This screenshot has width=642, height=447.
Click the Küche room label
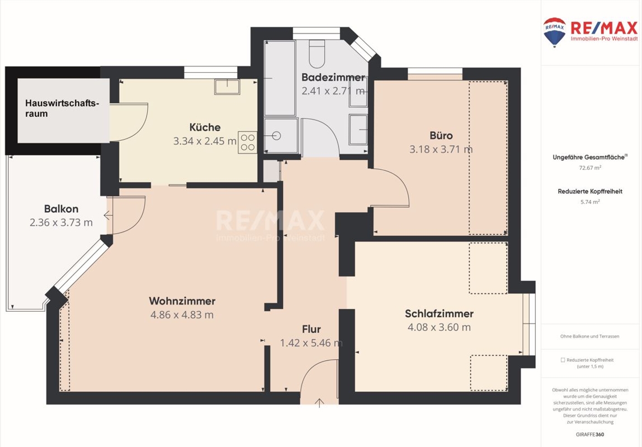[205, 127]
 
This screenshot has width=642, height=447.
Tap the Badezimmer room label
[333, 77]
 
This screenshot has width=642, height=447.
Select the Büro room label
[441, 135]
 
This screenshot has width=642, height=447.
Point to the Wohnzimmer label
[182, 301]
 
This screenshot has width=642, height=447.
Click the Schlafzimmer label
[439, 313]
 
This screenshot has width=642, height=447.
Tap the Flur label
[311, 329]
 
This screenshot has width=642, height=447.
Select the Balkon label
[61, 209]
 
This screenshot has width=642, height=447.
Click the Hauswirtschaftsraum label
[62, 108]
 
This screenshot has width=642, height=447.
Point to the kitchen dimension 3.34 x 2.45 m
[205, 141]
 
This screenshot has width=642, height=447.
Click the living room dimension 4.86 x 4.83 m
[182, 315]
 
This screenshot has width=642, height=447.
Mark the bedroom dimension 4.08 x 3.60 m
[439, 327]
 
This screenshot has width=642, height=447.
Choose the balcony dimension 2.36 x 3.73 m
[61, 222]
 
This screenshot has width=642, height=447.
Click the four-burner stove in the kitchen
[247, 142]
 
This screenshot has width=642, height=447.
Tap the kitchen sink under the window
[227, 87]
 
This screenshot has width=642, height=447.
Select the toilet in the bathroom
[317, 54]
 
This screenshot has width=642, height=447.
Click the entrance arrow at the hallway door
[319, 403]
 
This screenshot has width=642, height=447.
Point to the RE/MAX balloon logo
[554, 32]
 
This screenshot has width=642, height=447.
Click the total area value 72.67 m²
[590, 168]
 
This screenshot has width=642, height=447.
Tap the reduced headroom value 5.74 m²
[590, 202]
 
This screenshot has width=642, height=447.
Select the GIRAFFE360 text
[590, 434]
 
